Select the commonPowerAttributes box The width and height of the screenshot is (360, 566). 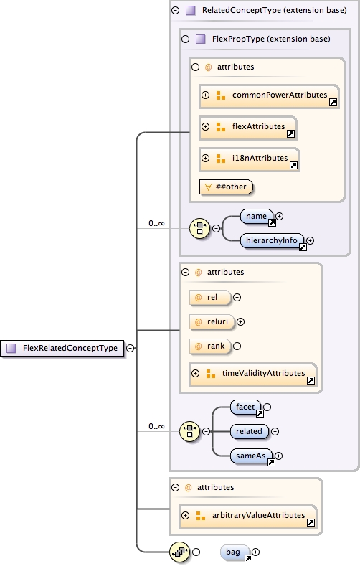(x=268, y=95)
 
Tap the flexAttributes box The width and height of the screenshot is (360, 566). (x=247, y=127)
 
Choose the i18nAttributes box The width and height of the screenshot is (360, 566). (x=250, y=159)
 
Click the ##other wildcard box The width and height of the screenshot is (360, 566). (x=227, y=187)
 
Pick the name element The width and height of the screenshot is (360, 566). (x=256, y=216)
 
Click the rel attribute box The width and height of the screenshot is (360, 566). (x=209, y=297)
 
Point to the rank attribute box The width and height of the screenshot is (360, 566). (x=209, y=346)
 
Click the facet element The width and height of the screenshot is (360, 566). (x=245, y=407)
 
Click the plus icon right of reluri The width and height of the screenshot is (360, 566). (x=241, y=322)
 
